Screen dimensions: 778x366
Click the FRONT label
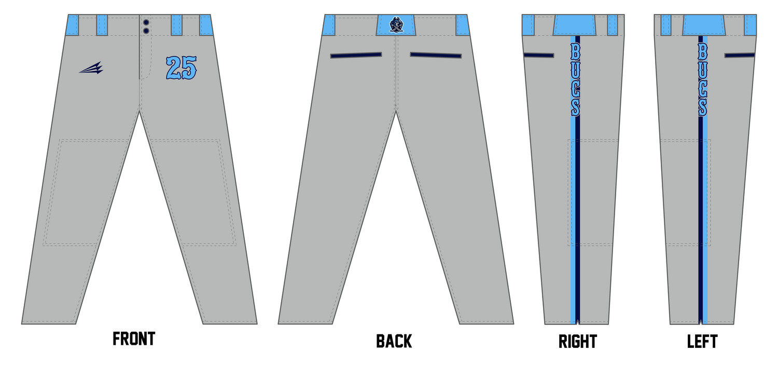[134, 338]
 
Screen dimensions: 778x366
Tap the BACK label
[394, 341]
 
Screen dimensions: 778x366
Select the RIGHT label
[578, 341]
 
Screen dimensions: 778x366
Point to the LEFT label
[702, 341]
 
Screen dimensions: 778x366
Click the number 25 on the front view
[182, 68]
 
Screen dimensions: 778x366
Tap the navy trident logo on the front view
[91, 68]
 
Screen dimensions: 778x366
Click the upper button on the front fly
[146, 23]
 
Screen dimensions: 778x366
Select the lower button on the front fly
[146, 31]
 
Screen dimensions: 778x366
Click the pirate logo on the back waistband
[396, 25]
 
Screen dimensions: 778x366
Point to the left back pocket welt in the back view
[356, 55]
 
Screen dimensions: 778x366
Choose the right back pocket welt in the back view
[436, 55]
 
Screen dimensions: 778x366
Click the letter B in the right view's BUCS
[576, 51]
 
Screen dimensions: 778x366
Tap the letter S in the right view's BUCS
[576, 107]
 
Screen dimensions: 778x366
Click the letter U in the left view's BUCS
[703, 70]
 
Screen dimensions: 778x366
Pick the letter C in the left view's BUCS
[703, 88]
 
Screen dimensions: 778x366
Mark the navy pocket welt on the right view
[539, 55]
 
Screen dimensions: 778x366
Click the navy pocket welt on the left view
[740, 55]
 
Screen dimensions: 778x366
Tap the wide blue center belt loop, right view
[575, 25]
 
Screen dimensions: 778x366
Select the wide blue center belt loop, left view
[704, 25]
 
